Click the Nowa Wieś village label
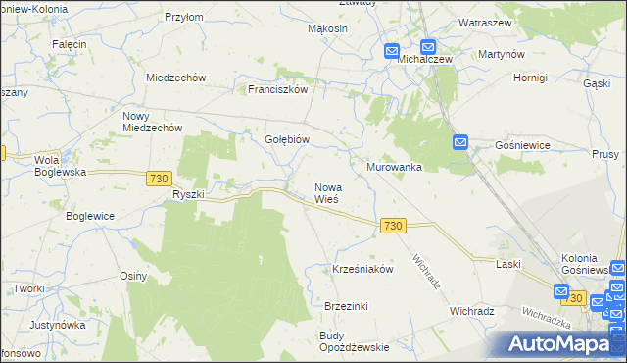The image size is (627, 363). (x=326, y=192)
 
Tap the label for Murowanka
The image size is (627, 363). (x=394, y=167)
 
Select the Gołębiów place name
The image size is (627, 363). (x=288, y=139)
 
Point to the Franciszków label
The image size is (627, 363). (x=277, y=88)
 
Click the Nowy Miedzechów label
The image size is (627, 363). (x=151, y=122)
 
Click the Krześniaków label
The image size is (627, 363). (x=362, y=268)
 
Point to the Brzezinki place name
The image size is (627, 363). (x=346, y=306)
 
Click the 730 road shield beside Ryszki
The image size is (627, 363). (x=160, y=178)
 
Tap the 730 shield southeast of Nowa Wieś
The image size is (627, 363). (x=393, y=226)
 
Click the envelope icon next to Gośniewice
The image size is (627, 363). (x=461, y=143)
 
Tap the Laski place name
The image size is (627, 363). (x=507, y=264)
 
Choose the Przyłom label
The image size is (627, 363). (x=183, y=17)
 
